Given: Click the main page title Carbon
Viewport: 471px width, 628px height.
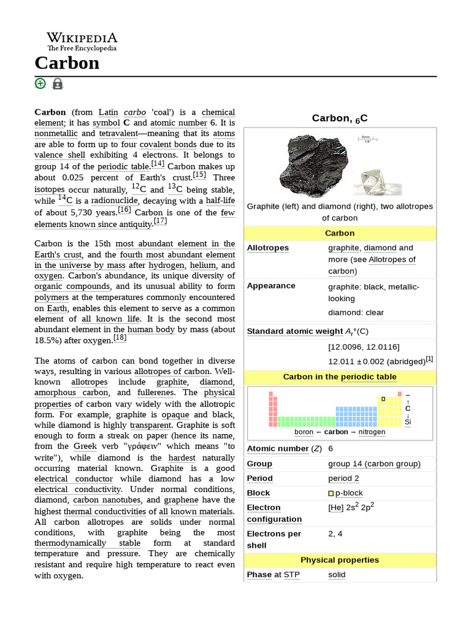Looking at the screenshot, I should click(x=67, y=63).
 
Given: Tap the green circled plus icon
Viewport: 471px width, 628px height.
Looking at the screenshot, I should click(x=40, y=83).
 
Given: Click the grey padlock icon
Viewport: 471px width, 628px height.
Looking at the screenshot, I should click(x=58, y=84).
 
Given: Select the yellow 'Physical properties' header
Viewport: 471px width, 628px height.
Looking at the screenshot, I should click(x=340, y=560).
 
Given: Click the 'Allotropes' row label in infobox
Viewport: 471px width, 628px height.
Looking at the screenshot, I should click(x=267, y=248).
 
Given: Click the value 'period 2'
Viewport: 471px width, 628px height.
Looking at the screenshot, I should click(x=343, y=478).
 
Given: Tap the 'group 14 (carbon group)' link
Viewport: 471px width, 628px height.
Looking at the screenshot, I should click(x=374, y=464).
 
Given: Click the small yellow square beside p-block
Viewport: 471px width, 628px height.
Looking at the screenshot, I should click(x=331, y=493).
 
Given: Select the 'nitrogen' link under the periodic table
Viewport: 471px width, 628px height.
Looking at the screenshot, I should click(x=372, y=432).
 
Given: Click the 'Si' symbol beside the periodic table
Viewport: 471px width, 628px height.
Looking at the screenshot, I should click(x=408, y=422).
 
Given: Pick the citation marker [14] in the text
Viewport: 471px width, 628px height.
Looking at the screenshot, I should click(x=158, y=164).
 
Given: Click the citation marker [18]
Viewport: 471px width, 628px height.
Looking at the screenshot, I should click(x=120, y=337).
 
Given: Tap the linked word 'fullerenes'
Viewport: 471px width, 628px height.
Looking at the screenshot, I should click(x=156, y=392).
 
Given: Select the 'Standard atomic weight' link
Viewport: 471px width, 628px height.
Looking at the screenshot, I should click(x=294, y=331).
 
